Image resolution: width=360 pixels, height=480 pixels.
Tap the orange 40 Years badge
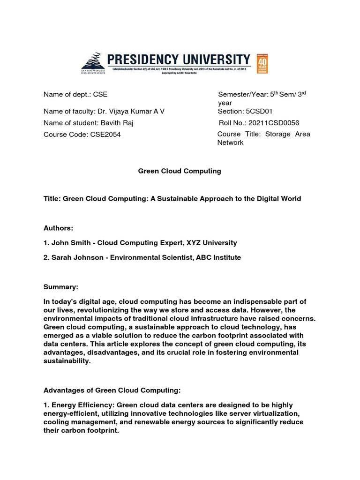262,64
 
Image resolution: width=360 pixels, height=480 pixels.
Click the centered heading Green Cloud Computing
179,171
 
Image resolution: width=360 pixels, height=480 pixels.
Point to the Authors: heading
59,228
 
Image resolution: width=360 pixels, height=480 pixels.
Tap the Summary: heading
61,286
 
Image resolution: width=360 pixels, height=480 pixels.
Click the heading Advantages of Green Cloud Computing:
112,390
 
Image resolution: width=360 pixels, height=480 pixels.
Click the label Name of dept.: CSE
75,94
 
